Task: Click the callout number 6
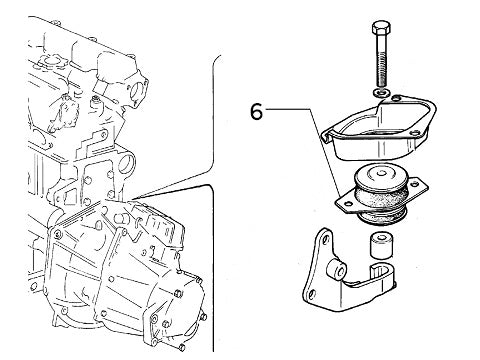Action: [x=257, y=111]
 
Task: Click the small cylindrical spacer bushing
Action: [x=381, y=244]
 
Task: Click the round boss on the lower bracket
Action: [x=343, y=273]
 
